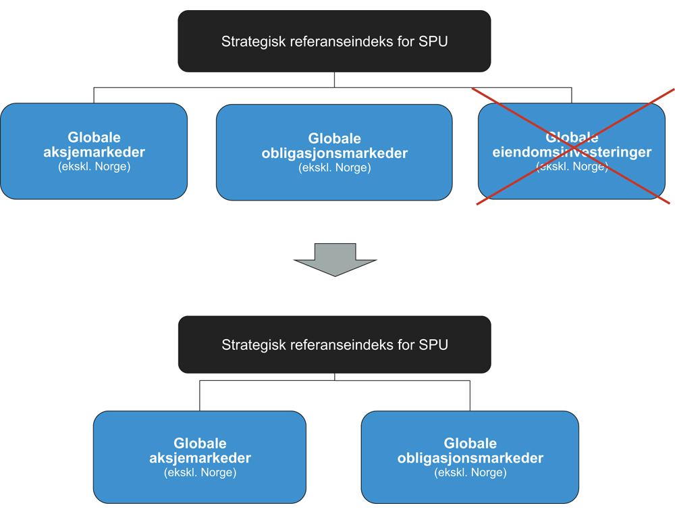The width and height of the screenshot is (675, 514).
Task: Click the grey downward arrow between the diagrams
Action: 335,259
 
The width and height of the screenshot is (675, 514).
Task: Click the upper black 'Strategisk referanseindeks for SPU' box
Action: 334,41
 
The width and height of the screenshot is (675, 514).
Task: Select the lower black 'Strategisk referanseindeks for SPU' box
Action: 334,344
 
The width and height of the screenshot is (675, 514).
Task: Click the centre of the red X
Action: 574,146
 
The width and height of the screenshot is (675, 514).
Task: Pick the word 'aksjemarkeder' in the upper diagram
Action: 94,152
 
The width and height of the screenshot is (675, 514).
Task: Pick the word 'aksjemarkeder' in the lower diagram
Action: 200,458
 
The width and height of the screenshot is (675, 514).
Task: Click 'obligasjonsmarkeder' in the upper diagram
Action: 334,153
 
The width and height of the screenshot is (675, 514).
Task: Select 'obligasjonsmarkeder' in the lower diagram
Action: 470,459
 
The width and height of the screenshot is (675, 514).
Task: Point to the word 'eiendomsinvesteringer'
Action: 572,152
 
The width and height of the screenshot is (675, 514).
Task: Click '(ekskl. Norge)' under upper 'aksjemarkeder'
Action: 94,166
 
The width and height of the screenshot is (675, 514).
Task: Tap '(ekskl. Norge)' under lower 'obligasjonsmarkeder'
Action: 470,472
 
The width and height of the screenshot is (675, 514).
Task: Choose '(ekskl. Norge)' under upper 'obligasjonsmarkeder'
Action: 334,168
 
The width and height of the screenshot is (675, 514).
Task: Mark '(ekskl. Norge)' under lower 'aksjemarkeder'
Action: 200,472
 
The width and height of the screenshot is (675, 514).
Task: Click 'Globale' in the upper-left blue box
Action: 94,138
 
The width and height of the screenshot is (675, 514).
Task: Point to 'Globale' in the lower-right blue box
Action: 470,444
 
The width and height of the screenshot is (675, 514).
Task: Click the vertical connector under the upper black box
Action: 334,79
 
